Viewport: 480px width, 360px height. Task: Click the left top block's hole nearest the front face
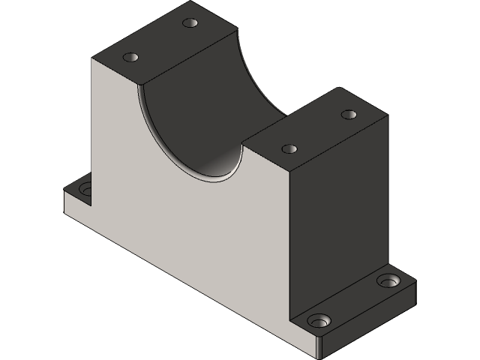pyautogui.click(x=132, y=58)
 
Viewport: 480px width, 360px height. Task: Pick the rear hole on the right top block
pyautogui.click(x=348, y=115)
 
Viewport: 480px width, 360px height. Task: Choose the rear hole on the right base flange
pyautogui.click(x=388, y=281)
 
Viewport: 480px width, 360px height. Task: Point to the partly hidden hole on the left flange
pyautogui.click(x=83, y=188)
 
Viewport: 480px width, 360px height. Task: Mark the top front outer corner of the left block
pyautogui.click(x=92, y=58)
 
